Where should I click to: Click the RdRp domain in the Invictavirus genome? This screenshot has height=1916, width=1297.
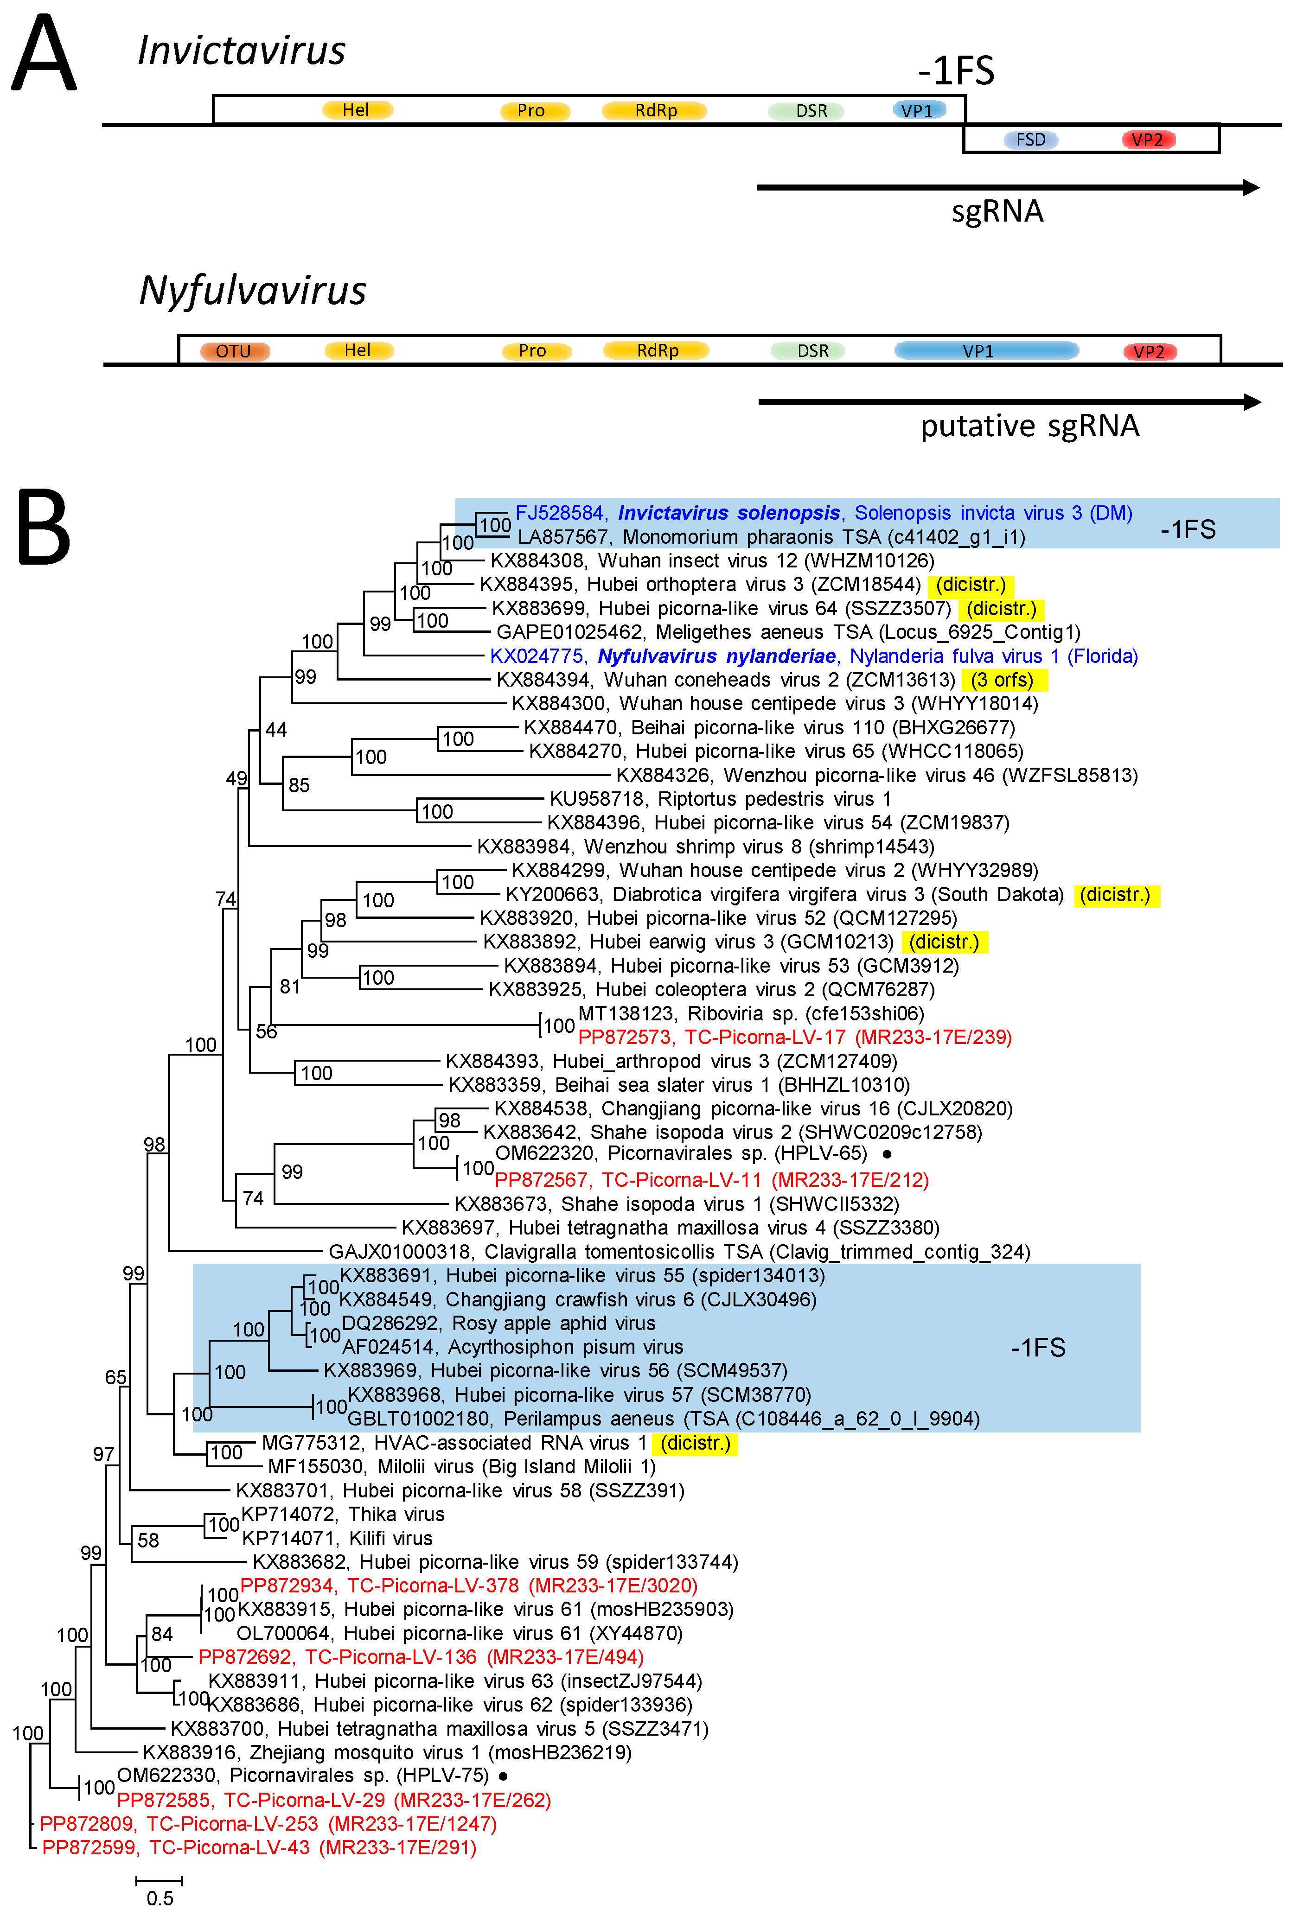click(656, 110)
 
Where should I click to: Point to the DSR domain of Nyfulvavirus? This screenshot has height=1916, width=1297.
click(812, 351)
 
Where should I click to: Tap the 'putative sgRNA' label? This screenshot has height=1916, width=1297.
click(1030, 426)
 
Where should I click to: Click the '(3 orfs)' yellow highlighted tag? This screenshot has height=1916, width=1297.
click(1003, 680)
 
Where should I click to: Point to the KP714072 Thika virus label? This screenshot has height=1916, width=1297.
click(342, 1515)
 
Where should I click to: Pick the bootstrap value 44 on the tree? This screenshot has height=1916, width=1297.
click(275, 730)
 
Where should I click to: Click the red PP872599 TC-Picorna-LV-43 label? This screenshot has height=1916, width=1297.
click(259, 1847)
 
